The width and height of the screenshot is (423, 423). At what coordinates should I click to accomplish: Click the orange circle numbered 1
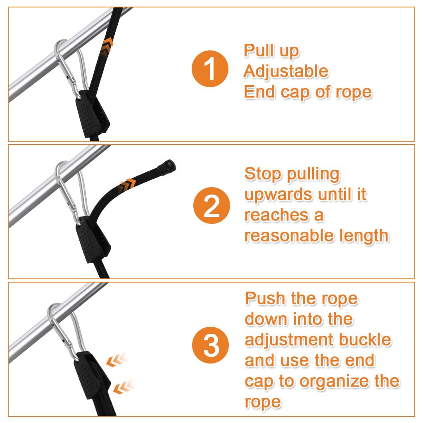(210, 69)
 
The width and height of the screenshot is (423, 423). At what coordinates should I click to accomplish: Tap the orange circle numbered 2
(211, 206)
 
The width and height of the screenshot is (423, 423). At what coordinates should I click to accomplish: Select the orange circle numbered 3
(211, 346)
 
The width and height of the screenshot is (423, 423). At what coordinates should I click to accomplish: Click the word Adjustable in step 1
(285, 71)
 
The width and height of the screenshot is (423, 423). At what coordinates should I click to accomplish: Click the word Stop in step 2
(261, 174)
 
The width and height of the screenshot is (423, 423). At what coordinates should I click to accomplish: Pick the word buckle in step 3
(365, 340)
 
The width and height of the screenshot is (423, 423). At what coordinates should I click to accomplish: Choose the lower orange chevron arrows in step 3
(124, 387)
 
